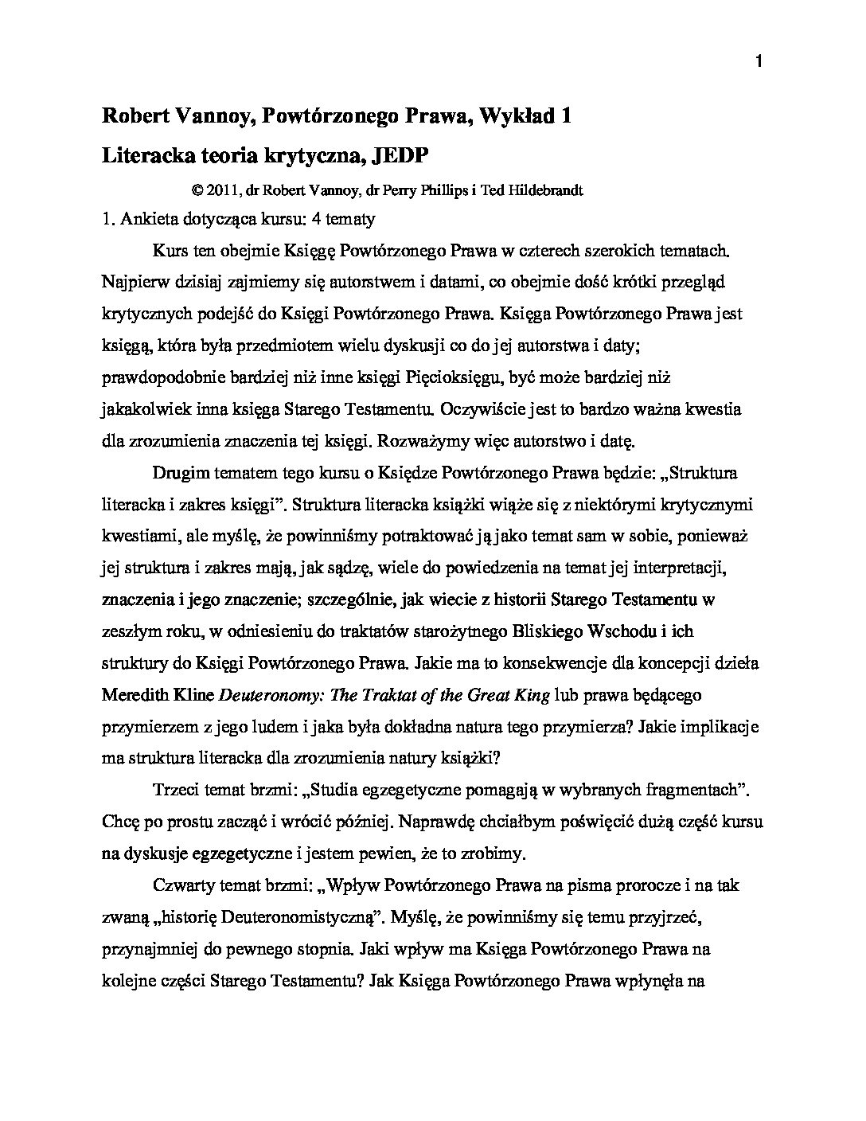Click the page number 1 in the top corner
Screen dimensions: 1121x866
[x=758, y=63]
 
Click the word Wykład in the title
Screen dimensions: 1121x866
[x=518, y=116]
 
